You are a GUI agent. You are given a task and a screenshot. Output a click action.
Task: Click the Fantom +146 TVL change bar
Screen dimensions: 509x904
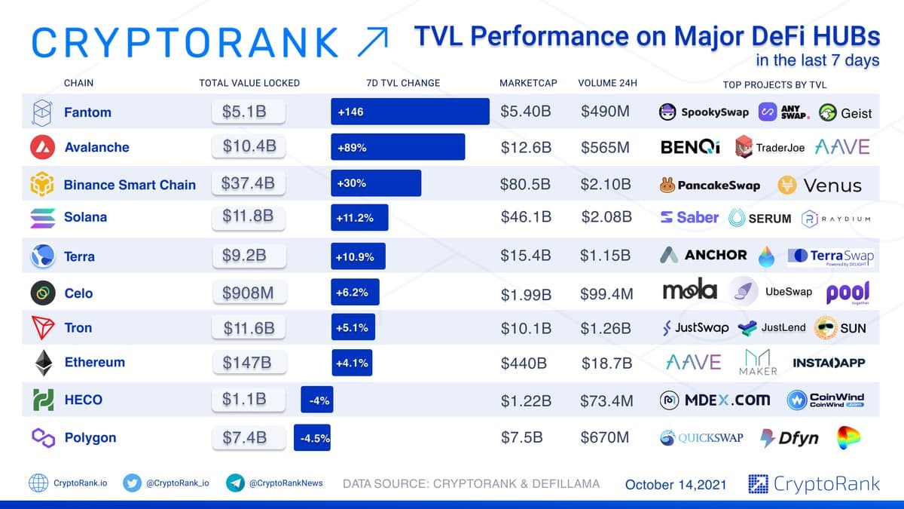(x=410, y=112)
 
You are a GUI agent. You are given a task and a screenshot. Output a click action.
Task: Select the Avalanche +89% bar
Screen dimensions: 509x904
(x=398, y=147)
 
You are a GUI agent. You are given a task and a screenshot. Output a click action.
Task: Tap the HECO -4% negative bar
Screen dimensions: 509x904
(x=316, y=400)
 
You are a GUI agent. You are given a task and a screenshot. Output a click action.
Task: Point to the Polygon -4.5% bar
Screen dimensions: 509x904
(x=312, y=438)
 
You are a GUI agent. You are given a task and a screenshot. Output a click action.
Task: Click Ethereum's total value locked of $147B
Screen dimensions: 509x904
(x=247, y=363)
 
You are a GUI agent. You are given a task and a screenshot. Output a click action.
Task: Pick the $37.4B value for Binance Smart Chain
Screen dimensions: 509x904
(x=248, y=183)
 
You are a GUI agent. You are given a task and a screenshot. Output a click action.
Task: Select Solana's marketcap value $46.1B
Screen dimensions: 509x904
(x=526, y=217)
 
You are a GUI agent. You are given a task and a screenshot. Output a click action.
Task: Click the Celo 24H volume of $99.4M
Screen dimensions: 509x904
(x=606, y=293)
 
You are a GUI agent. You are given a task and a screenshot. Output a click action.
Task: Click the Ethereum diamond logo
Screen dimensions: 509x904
(x=41, y=363)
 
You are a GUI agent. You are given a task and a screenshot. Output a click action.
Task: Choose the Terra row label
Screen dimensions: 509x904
(x=79, y=256)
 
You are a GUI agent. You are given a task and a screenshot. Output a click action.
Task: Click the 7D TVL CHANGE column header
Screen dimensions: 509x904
(x=398, y=83)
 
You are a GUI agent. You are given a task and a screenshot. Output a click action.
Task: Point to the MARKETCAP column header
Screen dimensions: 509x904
(x=528, y=83)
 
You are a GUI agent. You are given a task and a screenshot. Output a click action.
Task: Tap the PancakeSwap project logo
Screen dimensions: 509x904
(x=710, y=185)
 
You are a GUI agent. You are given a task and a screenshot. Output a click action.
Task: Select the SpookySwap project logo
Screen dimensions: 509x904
(x=704, y=112)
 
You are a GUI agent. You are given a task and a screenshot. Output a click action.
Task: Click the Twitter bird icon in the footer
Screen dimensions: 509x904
(x=133, y=483)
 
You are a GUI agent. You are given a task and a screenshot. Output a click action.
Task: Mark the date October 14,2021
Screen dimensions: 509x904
(x=676, y=484)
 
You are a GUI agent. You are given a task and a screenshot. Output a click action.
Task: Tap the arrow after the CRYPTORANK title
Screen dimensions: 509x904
(x=373, y=41)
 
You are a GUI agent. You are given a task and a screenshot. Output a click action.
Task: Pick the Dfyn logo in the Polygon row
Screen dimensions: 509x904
(x=789, y=438)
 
